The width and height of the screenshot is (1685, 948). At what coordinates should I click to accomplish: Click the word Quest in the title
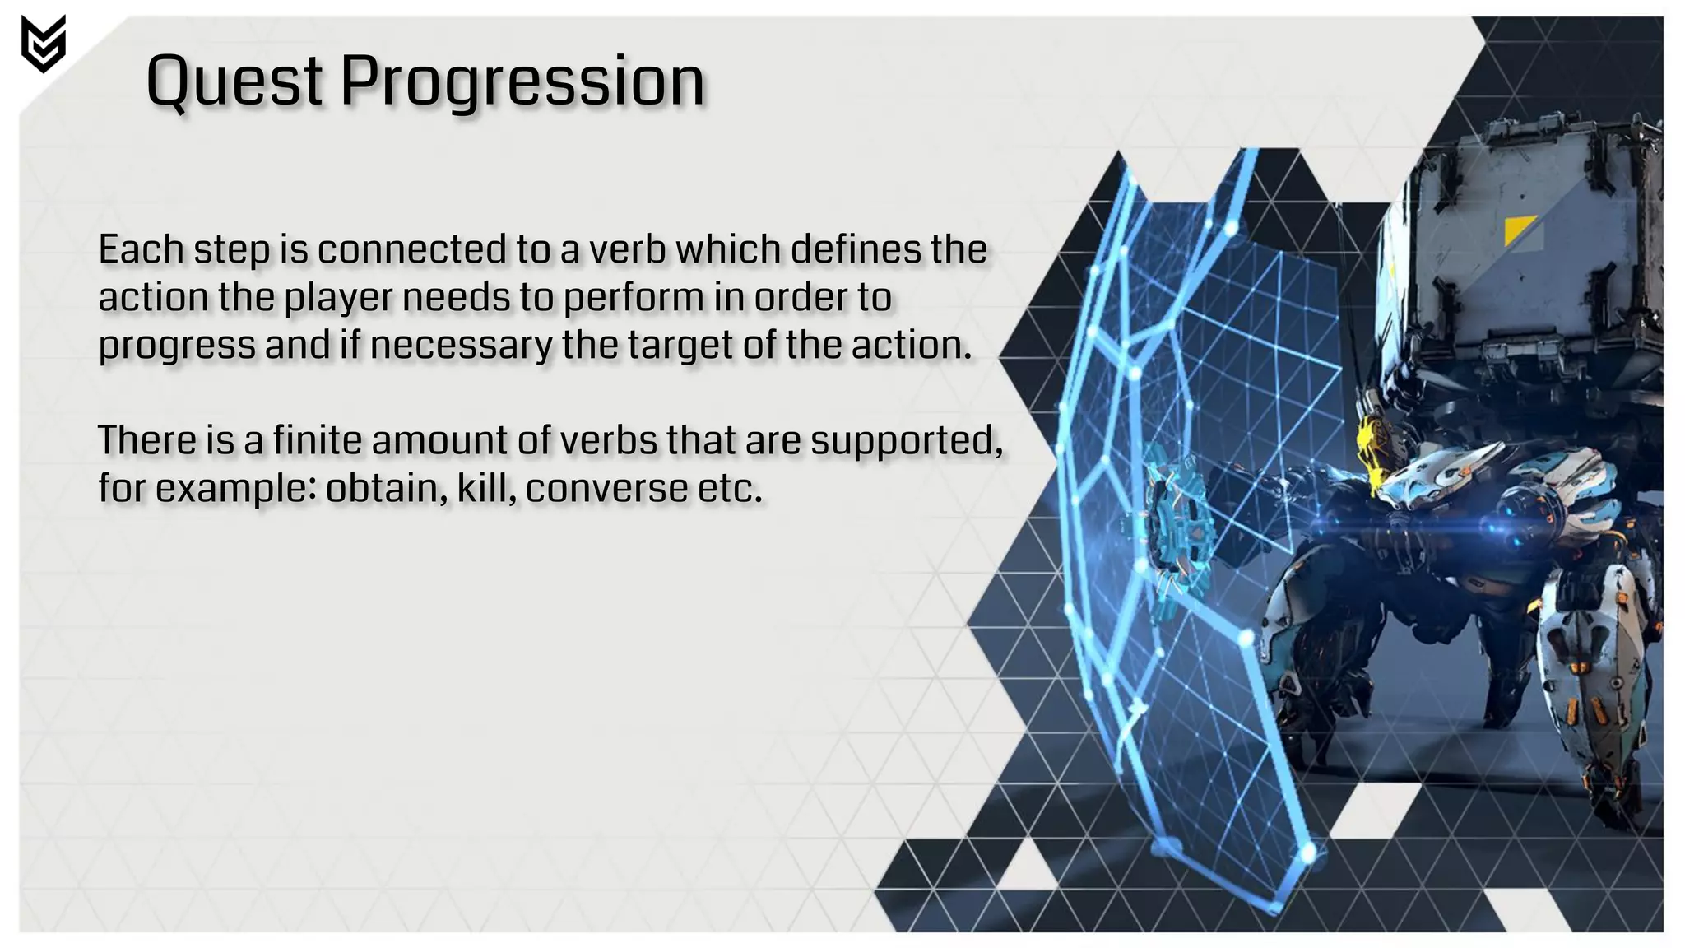click(234, 81)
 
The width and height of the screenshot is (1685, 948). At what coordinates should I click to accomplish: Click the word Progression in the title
click(522, 81)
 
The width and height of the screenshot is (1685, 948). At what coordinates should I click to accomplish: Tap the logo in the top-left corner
click(43, 44)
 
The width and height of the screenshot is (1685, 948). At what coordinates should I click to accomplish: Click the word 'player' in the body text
click(339, 297)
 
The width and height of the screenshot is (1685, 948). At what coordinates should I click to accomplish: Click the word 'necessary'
click(461, 345)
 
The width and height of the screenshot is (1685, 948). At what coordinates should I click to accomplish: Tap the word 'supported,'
click(906, 441)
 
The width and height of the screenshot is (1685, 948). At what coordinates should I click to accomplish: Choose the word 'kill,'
click(486, 488)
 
